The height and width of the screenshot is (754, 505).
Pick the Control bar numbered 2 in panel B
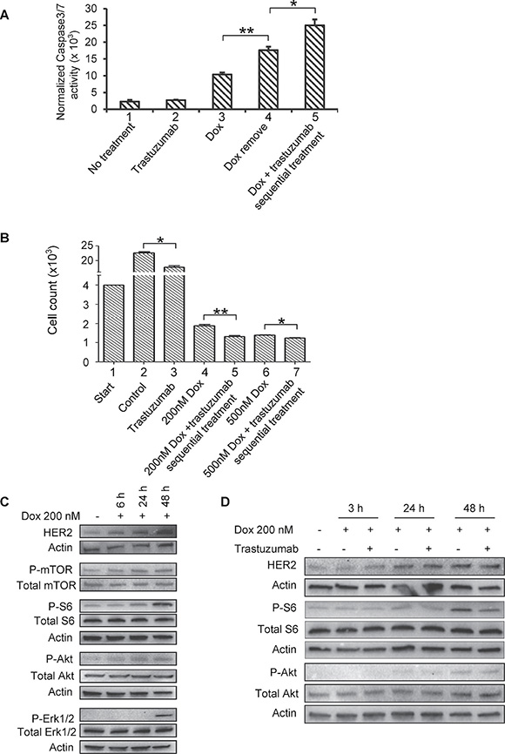(145, 307)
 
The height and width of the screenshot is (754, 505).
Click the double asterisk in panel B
(219, 311)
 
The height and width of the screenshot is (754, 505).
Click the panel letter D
(226, 502)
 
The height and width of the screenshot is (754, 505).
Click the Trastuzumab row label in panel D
(266, 549)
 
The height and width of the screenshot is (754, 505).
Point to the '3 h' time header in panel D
(356, 508)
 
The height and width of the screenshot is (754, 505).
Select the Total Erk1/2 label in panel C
(45, 732)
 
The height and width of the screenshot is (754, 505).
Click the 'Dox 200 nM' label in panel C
(50, 516)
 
